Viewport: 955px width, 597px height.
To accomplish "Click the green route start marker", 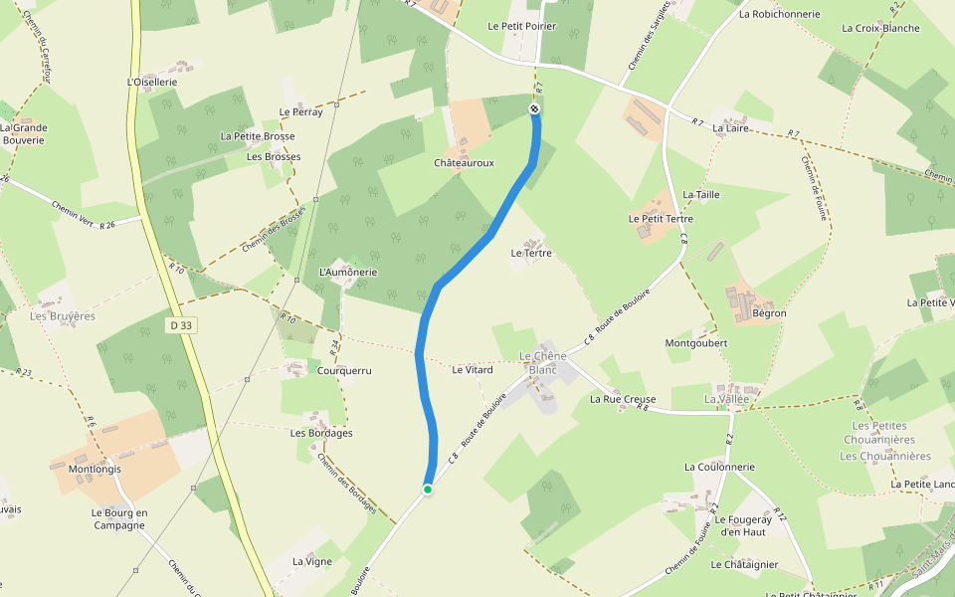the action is click(428, 489).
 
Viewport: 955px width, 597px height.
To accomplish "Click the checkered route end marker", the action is click(535, 108).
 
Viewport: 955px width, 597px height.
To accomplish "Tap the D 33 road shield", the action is click(180, 324).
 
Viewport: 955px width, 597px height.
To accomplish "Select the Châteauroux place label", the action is click(464, 162).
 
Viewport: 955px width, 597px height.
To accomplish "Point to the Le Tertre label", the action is click(530, 253).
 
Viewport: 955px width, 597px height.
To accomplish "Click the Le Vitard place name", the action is click(473, 370).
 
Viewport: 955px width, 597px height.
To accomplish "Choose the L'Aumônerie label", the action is click(348, 272).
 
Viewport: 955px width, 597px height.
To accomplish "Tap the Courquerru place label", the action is click(343, 370).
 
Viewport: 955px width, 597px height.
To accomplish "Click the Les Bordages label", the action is click(321, 433).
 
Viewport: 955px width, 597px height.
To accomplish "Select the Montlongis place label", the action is click(95, 468).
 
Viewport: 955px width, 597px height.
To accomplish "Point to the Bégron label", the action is click(770, 313).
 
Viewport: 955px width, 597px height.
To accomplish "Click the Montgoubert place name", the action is click(696, 342).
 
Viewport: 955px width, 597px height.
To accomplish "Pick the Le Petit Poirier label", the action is click(522, 26).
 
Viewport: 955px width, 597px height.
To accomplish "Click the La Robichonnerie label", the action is click(779, 14).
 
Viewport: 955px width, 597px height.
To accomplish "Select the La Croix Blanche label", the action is click(880, 28).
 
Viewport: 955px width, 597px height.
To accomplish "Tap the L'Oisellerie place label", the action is click(152, 82).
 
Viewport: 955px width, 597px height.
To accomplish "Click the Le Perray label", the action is click(301, 111).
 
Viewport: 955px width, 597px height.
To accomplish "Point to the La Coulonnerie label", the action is click(719, 467).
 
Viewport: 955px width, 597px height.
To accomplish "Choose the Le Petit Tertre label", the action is click(661, 218).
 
